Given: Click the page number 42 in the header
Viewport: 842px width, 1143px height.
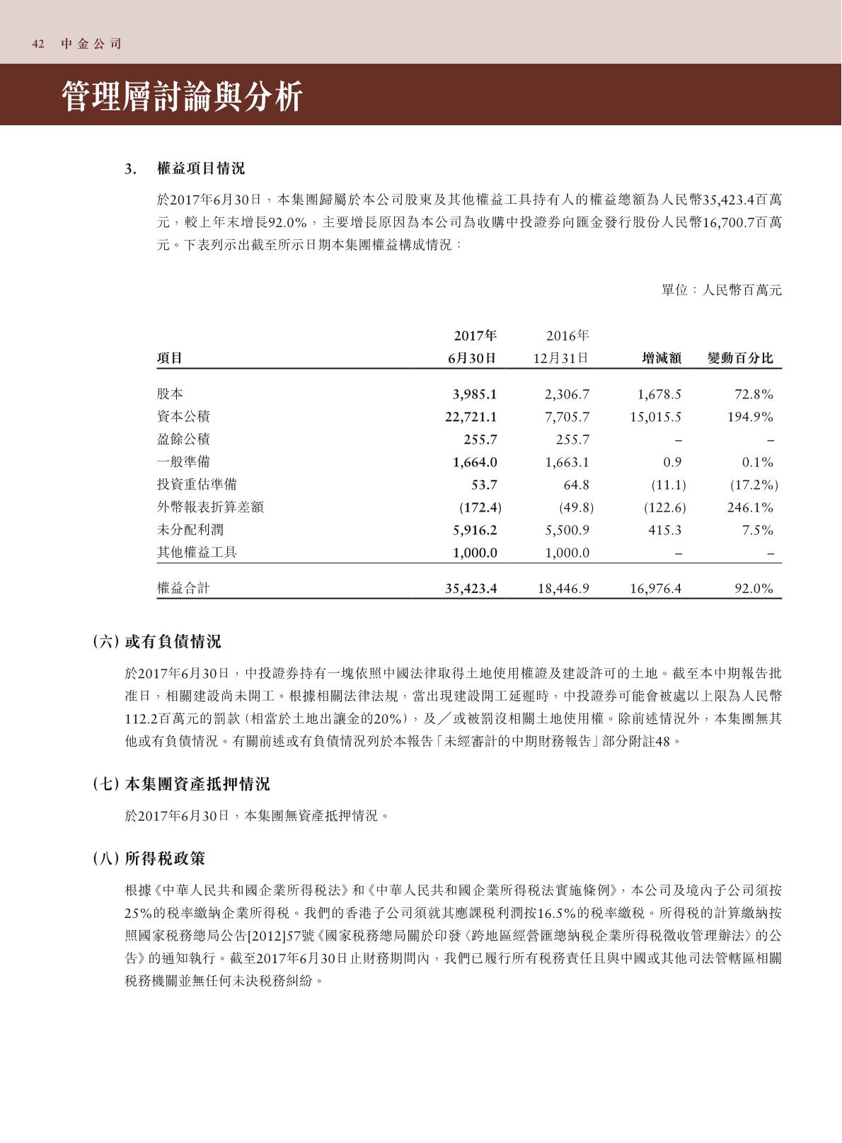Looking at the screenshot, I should click(x=38, y=44).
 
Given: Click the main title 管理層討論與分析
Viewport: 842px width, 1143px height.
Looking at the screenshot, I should click(x=183, y=96).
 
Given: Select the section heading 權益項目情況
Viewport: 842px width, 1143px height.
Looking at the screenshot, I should click(x=200, y=168).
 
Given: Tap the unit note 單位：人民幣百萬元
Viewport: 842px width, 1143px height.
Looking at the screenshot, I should click(x=721, y=290).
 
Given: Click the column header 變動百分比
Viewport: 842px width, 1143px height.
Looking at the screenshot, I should click(x=740, y=358).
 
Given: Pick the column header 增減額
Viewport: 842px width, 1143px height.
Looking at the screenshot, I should click(x=661, y=358).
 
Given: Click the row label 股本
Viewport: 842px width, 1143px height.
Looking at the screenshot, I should click(x=170, y=394).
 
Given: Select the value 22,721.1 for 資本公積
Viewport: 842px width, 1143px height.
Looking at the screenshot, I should click(x=471, y=417).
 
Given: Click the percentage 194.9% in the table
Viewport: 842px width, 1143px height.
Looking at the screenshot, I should click(x=750, y=417).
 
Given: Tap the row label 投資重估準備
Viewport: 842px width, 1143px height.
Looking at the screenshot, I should click(x=197, y=485).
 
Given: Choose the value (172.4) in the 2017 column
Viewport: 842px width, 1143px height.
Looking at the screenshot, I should click(x=480, y=507).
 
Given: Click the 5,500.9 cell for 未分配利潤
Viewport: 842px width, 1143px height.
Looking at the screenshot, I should click(x=567, y=530).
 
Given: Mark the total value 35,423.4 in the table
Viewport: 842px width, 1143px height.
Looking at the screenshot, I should click(x=471, y=588).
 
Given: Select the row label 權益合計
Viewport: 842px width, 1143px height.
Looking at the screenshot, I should click(x=183, y=588).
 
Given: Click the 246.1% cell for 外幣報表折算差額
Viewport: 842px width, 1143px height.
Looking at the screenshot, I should click(x=750, y=507).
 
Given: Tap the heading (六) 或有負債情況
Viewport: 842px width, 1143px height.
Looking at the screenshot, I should click(x=157, y=641).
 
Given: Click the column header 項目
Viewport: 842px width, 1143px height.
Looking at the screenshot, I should click(x=170, y=358).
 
